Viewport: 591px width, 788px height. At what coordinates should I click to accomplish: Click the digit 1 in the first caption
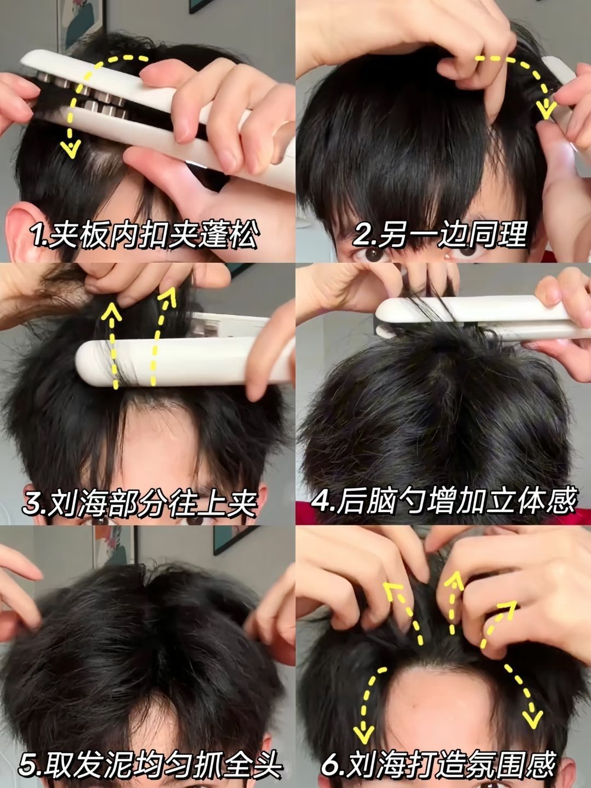click(x=38, y=235)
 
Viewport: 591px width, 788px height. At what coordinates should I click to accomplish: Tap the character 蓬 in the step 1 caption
click(x=212, y=235)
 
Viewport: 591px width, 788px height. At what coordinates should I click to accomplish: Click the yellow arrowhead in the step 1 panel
click(x=71, y=149)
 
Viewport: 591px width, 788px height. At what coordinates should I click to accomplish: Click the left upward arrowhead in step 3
click(x=112, y=311)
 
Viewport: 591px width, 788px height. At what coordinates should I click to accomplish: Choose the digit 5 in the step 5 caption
click(x=27, y=764)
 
